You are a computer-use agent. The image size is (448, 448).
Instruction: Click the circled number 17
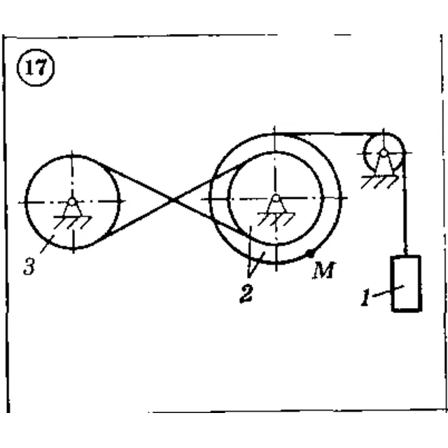tap(36, 68)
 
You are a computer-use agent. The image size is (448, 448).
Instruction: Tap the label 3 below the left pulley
tap(29, 266)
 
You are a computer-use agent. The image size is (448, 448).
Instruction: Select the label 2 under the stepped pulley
tap(246, 294)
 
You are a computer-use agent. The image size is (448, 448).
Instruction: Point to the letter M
tap(323, 270)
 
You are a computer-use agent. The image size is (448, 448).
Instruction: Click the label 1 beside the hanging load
tap(365, 297)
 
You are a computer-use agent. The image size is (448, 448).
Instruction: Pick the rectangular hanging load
tap(407, 283)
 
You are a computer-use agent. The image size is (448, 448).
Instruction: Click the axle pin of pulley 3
tap(72, 202)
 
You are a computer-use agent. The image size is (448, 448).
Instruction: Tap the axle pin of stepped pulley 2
tap(276, 198)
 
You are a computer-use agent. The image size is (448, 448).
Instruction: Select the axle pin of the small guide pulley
tap(384, 153)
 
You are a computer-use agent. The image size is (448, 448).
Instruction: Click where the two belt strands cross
tap(173, 199)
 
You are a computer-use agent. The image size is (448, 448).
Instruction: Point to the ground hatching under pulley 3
tap(72, 223)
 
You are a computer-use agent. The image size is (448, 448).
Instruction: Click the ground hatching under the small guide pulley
tap(379, 182)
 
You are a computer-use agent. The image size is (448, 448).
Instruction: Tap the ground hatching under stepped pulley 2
tap(276, 219)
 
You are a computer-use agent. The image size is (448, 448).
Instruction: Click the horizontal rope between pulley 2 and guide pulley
tap(328, 134)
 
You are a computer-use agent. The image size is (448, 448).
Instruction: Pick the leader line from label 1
tap(388, 291)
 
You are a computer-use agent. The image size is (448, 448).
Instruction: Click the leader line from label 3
tap(47, 244)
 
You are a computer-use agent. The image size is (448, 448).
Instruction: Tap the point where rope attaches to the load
tap(406, 255)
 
